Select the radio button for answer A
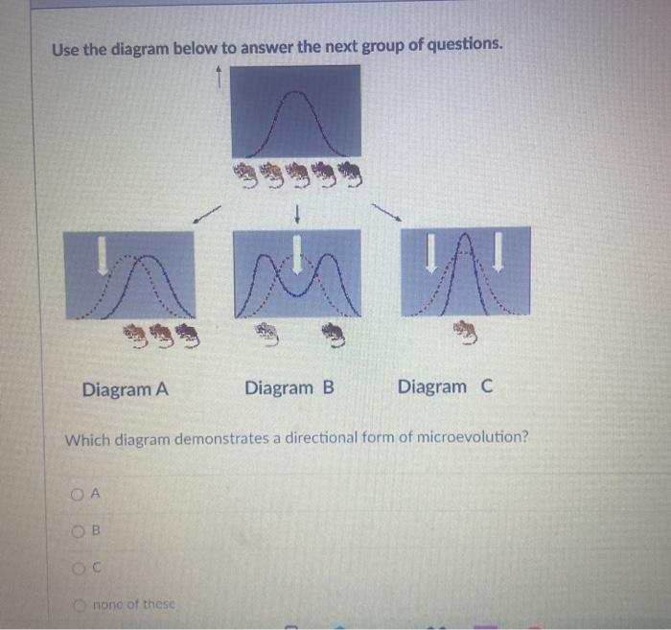[x=78, y=494]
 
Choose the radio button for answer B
[x=78, y=530]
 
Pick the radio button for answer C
[x=78, y=568]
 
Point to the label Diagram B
[x=289, y=388]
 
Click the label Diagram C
[x=446, y=387]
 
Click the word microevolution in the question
[x=472, y=438]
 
